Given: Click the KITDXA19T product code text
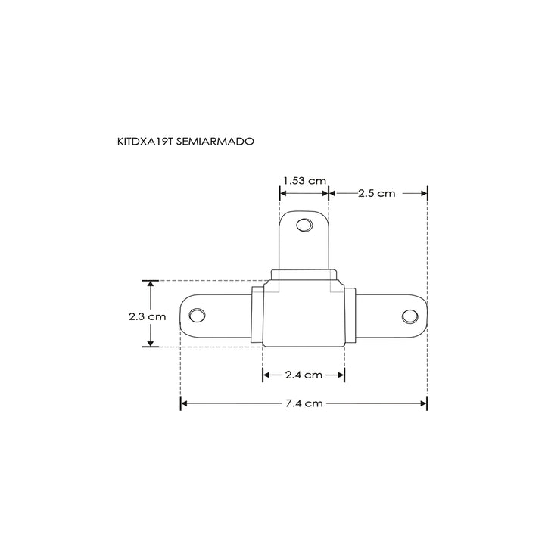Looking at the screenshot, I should (145, 141).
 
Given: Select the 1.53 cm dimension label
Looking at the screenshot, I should (304, 180).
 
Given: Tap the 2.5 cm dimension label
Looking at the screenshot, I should (376, 193).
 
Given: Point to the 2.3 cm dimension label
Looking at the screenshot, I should (147, 317).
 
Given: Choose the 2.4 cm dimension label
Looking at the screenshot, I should (304, 375).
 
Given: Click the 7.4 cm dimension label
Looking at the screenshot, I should (304, 403).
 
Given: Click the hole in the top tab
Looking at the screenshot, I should (304, 226).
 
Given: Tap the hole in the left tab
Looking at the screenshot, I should (197, 314).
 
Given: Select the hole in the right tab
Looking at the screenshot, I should (410, 315).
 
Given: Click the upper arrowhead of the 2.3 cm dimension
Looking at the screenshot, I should (151, 285).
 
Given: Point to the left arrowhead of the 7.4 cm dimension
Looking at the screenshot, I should (184, 403).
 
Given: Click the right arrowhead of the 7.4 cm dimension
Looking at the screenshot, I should (424, 403).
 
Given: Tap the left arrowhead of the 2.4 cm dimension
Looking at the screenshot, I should (266, 375).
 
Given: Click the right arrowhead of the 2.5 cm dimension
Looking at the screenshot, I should (424, 193).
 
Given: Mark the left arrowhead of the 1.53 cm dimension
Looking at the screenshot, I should (284, 193).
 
